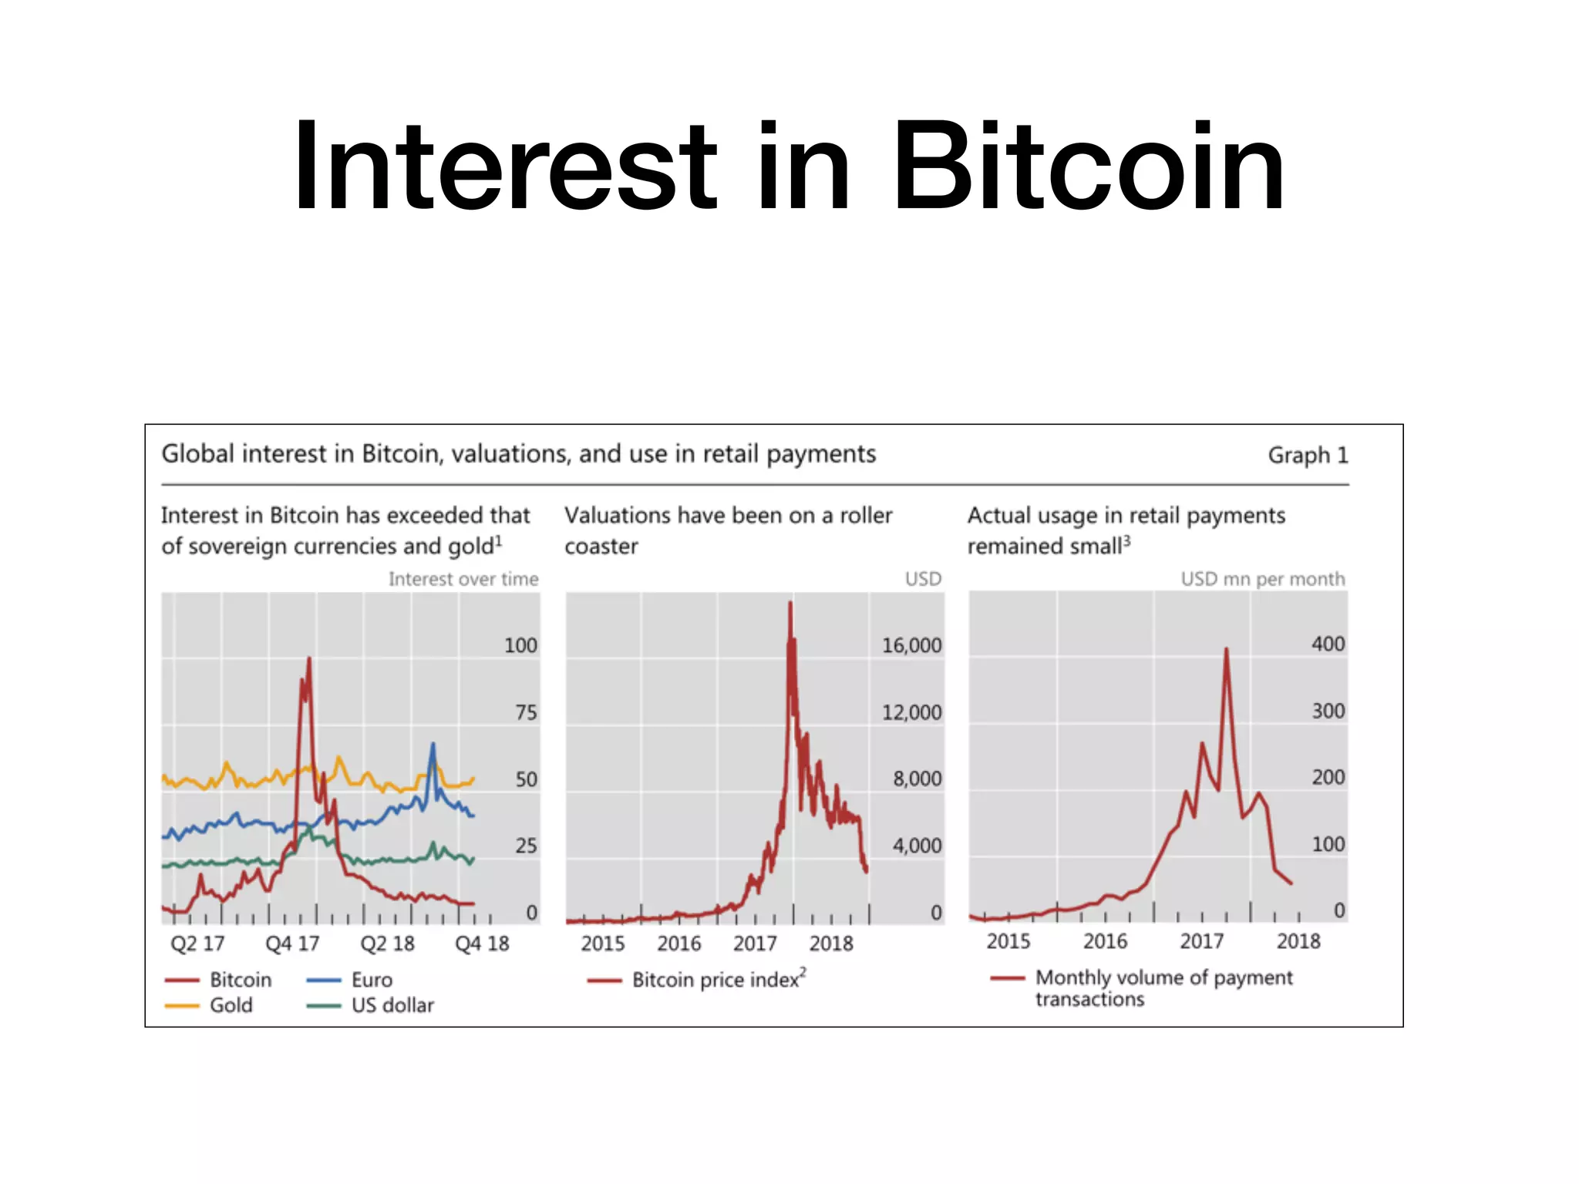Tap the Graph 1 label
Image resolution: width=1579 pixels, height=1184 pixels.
click(x=1308, y=456)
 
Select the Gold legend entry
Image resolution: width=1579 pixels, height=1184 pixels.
click(x=230, y=1005)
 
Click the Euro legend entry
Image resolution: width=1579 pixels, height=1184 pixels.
click(x=371, y=980)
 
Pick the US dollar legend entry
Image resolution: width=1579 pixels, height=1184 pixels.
click(x=392, y=1005)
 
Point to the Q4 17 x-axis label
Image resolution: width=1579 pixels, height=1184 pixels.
click(x=292, y=943)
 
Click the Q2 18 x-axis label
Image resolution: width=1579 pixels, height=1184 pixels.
click(x=387, y=943)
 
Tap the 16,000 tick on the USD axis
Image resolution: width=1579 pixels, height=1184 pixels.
click(x=911, y=645)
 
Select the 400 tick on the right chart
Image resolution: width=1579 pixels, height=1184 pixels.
click(x=1328, y=644)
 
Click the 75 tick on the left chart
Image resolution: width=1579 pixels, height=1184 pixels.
click(x=526, y=712)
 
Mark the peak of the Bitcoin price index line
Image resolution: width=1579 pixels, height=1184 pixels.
click(x=790, y=603)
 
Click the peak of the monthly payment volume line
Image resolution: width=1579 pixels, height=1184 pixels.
click(x=1226, y=649)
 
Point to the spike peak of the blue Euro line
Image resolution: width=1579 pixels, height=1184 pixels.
click(x=433, y=744)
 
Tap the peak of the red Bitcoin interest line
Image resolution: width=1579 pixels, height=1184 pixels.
click(x=309, y=658)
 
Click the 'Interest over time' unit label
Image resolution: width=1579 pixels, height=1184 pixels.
click(x=463, y=579)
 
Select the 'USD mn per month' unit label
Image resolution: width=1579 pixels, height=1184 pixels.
click(x=1262, y=579)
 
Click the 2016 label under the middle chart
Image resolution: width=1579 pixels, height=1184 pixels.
click(x=678, y=943)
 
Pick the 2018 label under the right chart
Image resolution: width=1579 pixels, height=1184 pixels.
click(x=1298, y=941)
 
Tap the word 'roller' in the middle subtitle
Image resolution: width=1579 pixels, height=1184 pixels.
click(x=865, y=515)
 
